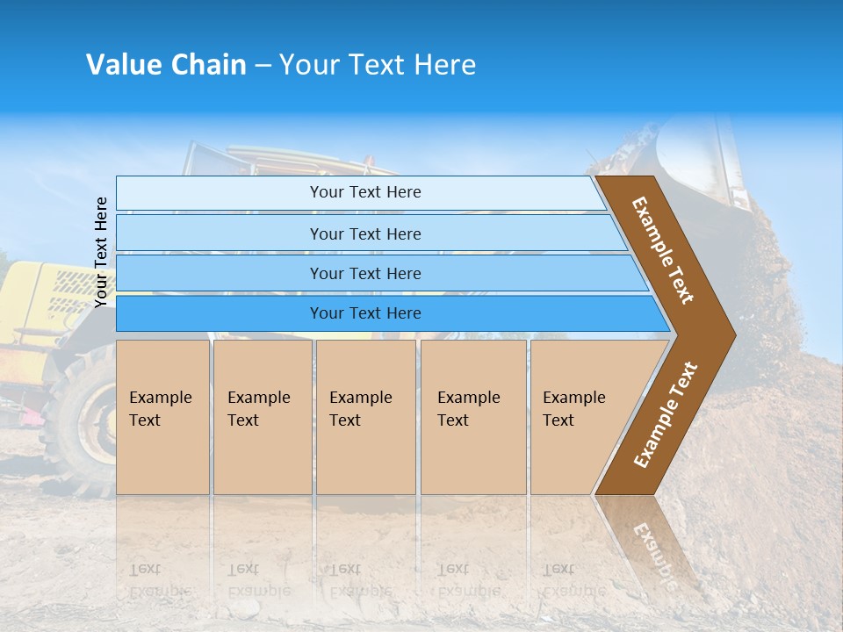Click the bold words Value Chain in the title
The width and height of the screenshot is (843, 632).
[166, 65]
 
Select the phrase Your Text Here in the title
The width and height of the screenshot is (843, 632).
[378, 65]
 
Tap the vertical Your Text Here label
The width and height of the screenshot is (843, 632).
[101, 252]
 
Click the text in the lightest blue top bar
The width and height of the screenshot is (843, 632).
[365, 192]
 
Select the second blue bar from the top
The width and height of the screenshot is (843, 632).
[365, 233]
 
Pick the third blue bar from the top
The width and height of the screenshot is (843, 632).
[365, 273]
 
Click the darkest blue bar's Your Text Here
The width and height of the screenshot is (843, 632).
[365, 313]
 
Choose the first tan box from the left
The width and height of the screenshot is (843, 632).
[162, 416]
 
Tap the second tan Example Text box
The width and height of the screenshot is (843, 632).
[263, 416]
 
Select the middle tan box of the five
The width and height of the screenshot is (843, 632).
[365, 416]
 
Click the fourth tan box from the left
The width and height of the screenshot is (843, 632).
[473, 416]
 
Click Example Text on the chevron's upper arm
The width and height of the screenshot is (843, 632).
[663, 250]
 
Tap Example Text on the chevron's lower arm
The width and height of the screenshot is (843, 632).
[666, 415]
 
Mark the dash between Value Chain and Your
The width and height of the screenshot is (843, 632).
[263, 66]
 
